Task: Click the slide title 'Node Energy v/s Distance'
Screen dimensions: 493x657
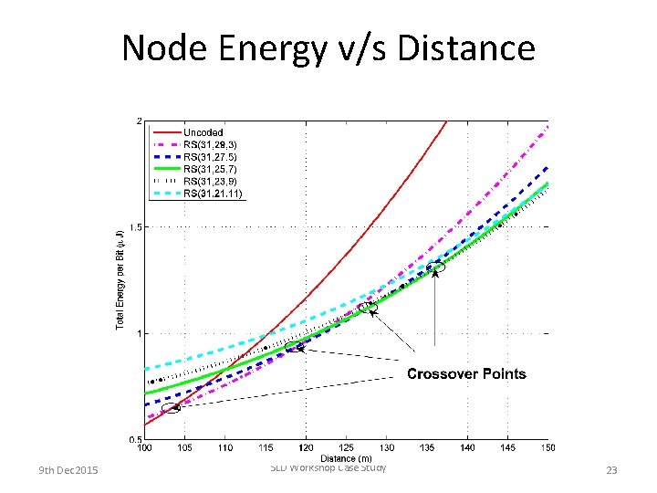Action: pos(328,47)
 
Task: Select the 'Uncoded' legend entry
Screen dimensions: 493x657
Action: pos(203,133)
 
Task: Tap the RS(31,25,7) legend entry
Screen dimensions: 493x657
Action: pos(211,169)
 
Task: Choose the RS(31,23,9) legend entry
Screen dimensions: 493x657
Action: pos(211,181)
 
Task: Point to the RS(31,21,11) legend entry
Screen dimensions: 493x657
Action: pos(213,193)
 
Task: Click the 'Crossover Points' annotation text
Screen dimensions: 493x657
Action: pos(465,373)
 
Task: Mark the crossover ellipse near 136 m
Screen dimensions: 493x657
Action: pos(436,267)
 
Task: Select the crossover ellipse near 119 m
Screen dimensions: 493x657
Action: pos(296,347)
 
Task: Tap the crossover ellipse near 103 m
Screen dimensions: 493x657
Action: pos(171,407)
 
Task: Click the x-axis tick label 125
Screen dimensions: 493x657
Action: pos(347,448)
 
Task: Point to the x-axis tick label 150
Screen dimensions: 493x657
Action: pos(547,448)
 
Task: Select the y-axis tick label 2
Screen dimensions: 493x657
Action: pos(138,121)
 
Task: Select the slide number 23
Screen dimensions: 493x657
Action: pos(611,470)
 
